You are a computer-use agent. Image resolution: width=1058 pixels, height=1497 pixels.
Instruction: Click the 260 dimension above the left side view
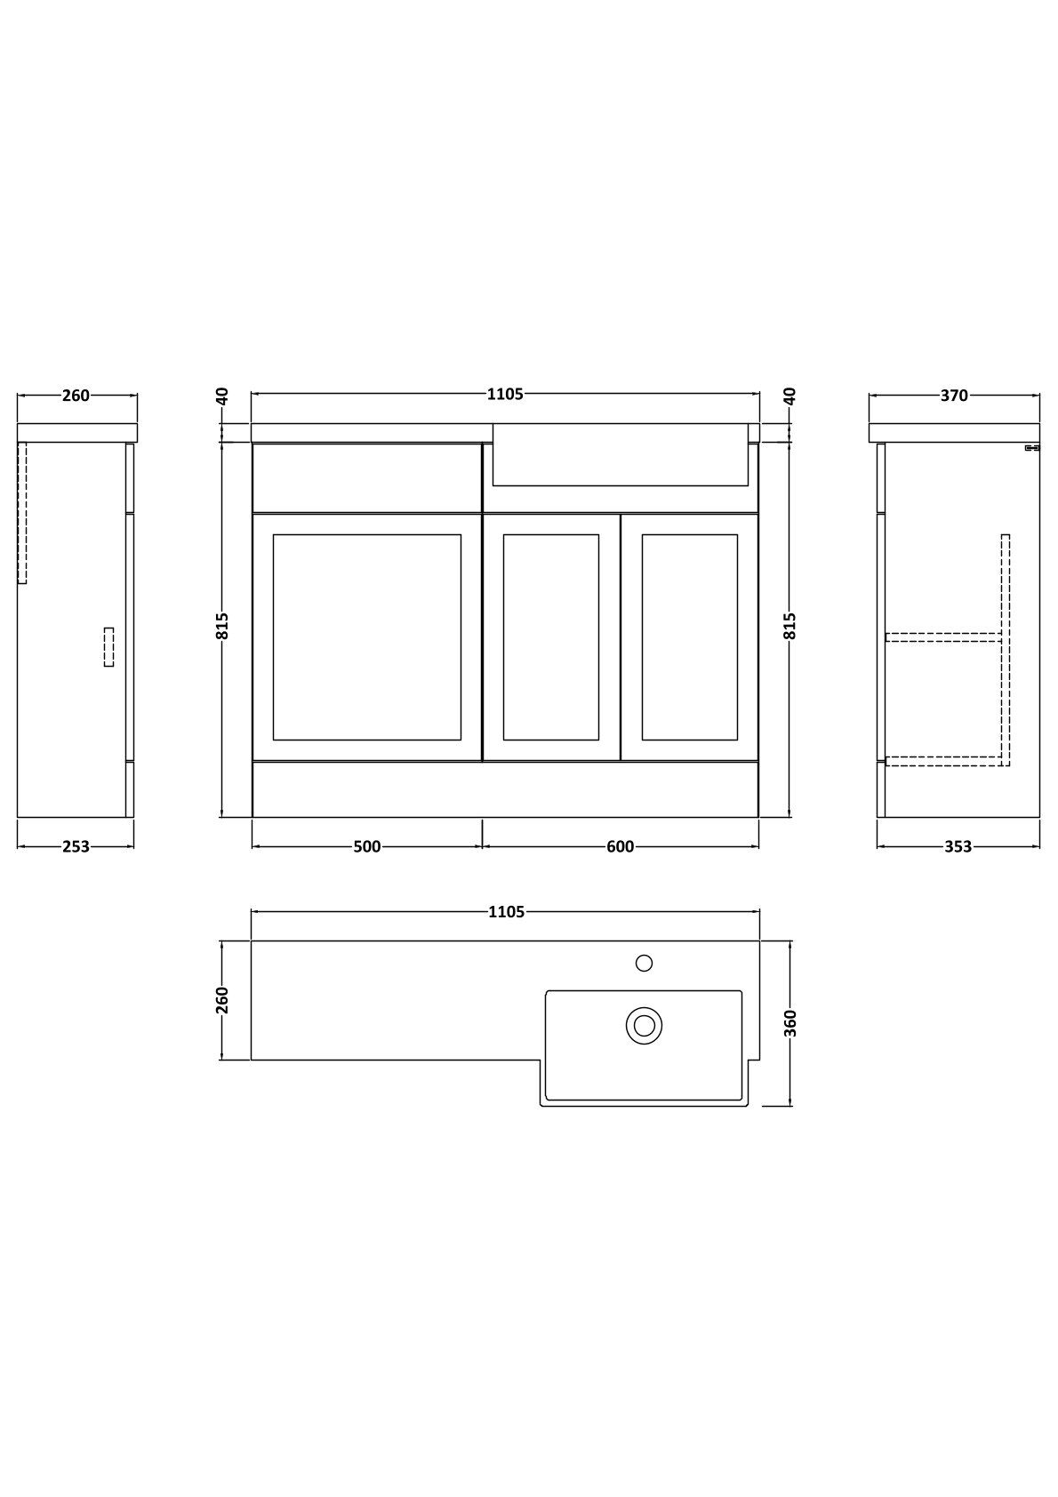pyautogui.click(x=76, y=396)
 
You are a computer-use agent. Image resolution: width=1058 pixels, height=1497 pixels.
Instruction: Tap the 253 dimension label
pyautogui.click(x=76, y=847)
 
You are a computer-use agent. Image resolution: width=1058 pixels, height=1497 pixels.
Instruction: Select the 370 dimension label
pyautogui.click(x=954, y=396)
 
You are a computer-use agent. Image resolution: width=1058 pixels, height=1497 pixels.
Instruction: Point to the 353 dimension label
pyautogui.click(x=958, y=847)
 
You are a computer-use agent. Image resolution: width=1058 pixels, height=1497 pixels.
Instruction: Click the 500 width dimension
pyautogui.click(x=367, y=847)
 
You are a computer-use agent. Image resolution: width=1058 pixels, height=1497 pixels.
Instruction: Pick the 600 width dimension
pyautogui.click(x=621, y=847)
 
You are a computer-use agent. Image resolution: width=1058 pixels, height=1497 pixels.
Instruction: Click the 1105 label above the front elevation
pyautogui.click(x=505, y=395)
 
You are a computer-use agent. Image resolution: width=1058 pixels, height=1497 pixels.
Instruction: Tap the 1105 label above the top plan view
pyautogui.click(x=507, y=912)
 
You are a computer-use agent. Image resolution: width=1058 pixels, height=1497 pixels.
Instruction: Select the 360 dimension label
pyautogui.click(x=790, y=1023)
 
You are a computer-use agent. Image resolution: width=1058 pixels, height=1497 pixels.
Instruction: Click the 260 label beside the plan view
pyautogui.click(x=222, y=1000)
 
